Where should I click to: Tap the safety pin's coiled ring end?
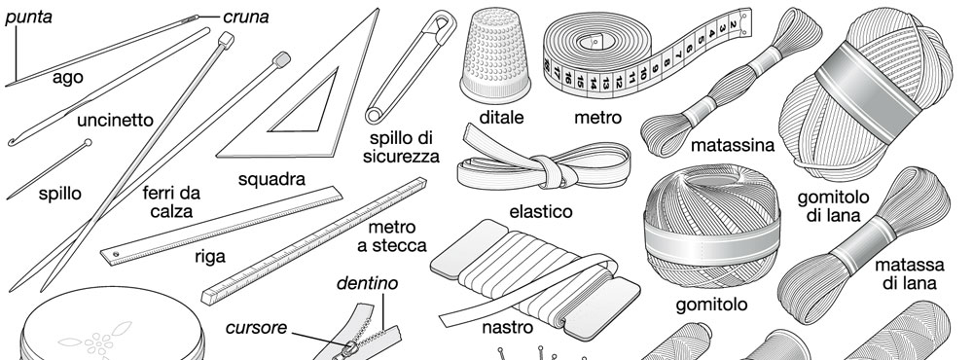(375, 115)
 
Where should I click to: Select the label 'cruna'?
(246, 18)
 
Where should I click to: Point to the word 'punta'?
(28, 18)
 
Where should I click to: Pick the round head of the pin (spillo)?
(88, 143)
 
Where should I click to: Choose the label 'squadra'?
(271, 179)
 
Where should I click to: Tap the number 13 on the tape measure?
(605, 83)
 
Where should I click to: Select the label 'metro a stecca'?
(391, 236)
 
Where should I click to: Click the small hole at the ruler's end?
(116, 254)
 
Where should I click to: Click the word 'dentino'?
(368, 284)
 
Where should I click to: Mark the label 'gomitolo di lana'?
(834, 206)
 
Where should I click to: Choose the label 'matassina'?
(733, 145)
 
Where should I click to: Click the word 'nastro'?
(507, 327)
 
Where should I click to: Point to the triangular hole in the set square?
(307, 107)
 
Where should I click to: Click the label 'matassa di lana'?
(910, 274)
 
